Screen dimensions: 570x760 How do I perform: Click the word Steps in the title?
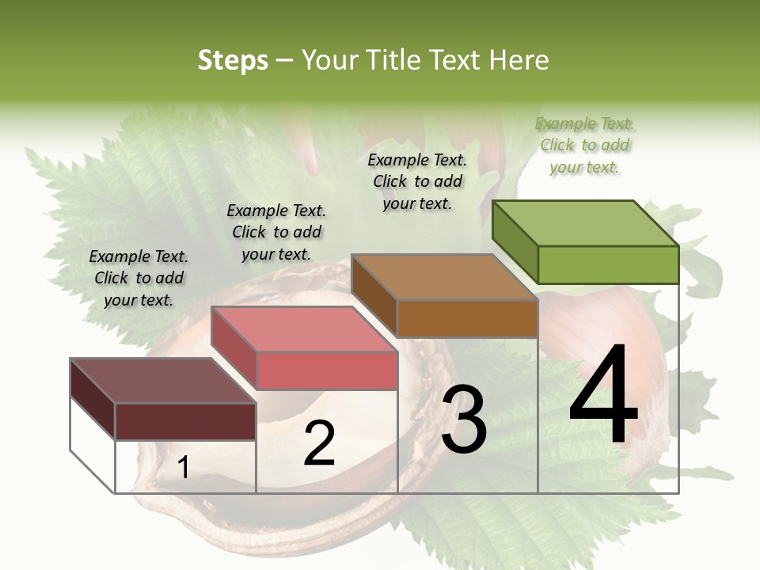(232, 60)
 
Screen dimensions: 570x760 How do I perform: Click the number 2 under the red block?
(319, 443)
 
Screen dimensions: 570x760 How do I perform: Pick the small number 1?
(183, 468)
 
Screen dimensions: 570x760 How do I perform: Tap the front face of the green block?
(608, 264)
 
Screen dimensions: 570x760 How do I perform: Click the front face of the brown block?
(467, 318)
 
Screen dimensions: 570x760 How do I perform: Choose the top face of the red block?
(304, 329)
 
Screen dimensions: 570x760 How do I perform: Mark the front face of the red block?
(327, 370)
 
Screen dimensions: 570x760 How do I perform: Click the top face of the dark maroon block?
(163, 381)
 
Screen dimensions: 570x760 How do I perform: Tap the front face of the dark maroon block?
(185, 421)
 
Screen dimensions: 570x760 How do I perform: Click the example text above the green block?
(585, 145)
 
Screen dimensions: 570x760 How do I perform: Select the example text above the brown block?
(417, 181)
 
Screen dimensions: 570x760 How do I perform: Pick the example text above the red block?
(276, 232)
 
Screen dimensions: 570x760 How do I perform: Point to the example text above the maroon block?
(139, 278)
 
